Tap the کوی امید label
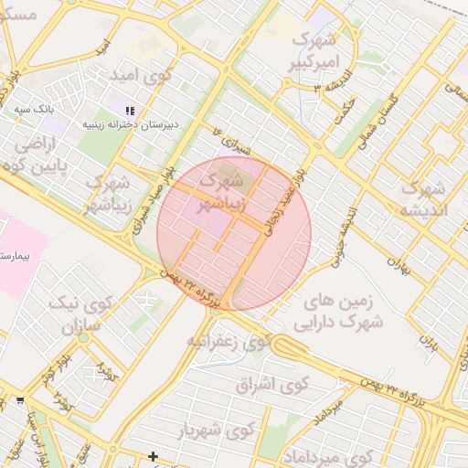coord(140,74)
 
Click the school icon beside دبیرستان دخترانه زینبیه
coord(129,110)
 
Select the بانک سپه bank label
coord(35,109)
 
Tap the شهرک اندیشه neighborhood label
coord(422,198)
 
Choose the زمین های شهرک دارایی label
coord(339,311)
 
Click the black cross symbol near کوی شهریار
coord(153,456)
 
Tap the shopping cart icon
coord(20,400)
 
